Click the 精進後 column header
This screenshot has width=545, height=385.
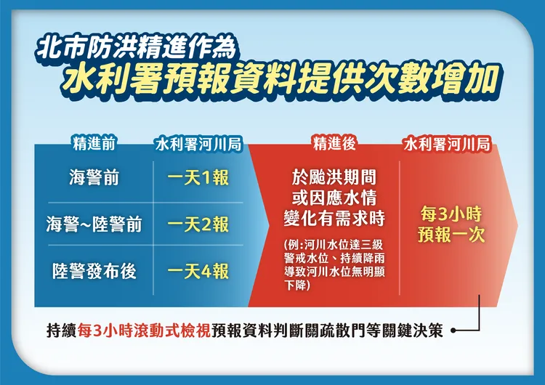334,142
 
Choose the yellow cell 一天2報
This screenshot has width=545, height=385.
198,224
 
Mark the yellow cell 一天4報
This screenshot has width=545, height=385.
198,271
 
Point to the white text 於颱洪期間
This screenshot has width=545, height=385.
334,178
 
